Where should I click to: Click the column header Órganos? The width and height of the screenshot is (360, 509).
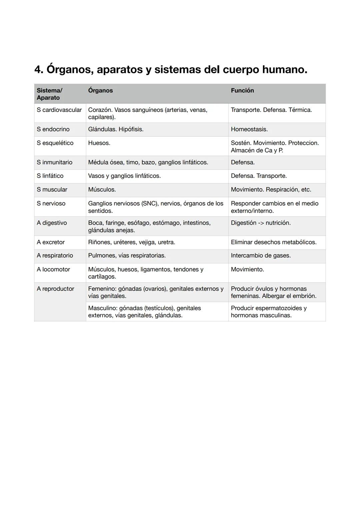point(100,91)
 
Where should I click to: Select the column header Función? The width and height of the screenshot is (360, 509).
point(242,91)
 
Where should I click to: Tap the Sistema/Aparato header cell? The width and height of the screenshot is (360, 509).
point(49,94)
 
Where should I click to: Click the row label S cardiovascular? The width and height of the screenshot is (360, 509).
point(59,110)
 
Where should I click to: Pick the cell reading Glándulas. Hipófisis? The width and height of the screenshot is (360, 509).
point(116,129)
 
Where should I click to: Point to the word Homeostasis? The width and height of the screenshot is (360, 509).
point(249,129)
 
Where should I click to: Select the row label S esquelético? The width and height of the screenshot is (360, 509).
point(55,143)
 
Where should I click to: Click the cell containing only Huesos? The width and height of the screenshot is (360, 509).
point(99,143)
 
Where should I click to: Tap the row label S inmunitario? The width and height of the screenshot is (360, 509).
point(54,162)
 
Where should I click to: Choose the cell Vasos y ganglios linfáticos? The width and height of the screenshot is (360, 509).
point(124,176)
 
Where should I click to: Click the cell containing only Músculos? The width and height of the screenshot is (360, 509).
point(102,190)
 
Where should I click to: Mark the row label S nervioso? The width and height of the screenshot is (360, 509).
point(51,203)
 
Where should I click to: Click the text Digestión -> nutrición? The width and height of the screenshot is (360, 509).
point(261,223)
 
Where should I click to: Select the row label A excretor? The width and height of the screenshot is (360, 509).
point(51,242)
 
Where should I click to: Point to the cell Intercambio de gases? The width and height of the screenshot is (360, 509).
point(261,256)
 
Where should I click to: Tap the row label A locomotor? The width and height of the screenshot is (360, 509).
point(53,269)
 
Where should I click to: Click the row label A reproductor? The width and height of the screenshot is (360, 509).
point(55,289)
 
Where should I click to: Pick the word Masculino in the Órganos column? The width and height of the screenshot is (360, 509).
point(103,308)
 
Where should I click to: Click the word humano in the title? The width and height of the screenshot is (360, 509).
point(284,70)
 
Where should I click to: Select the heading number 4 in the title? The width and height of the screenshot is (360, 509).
point(38,70)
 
